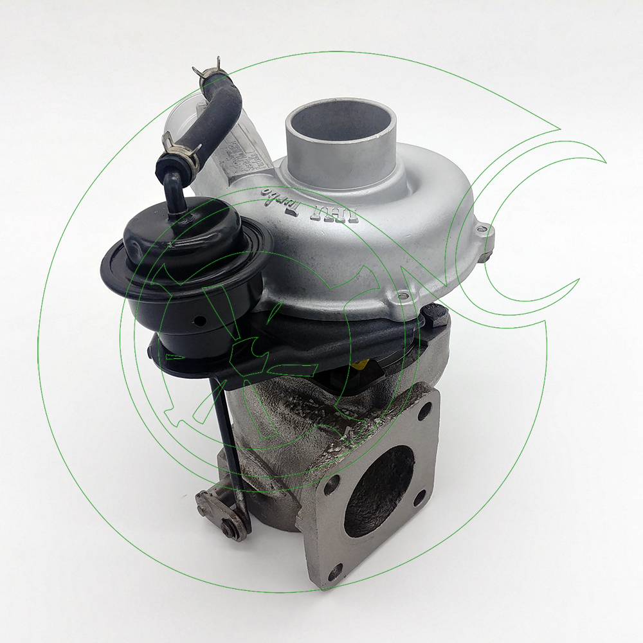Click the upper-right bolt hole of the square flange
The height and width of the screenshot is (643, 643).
click(425, 412)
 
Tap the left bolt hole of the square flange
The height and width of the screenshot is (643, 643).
click(331, 486)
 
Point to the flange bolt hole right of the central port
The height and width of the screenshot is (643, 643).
click(419, 498)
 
